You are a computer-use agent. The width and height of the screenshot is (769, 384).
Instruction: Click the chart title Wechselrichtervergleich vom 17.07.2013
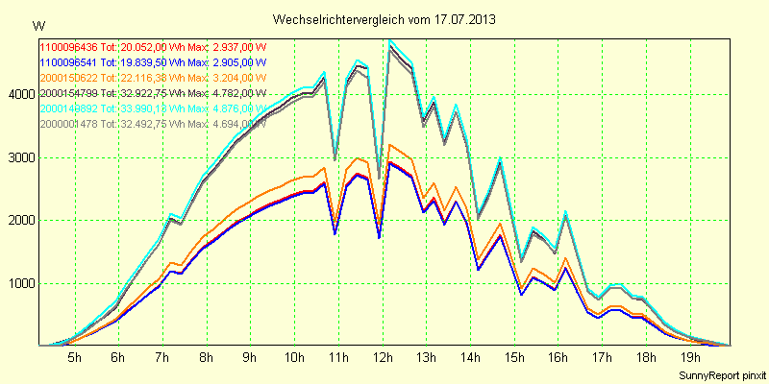[384, 19]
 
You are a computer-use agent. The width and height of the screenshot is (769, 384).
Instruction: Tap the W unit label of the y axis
[37, 25]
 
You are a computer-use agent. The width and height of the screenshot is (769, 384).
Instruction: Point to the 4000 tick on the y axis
[18, 94]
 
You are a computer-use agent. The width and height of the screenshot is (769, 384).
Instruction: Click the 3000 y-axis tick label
[18, 157]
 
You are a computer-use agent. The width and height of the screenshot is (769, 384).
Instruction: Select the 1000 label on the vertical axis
[18, 283]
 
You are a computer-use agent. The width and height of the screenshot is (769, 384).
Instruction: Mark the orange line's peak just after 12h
[389, 144]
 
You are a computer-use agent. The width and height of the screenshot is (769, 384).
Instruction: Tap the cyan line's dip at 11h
[335, 157]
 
